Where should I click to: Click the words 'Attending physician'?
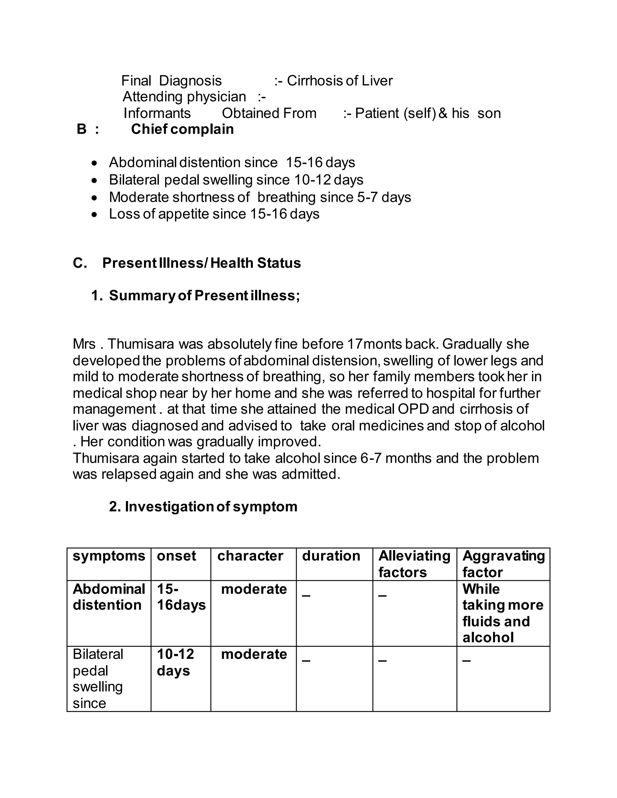(x=184, y=97)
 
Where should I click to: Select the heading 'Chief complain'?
(x=182, y=129)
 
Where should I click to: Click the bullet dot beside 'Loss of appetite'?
(x=95, y=214)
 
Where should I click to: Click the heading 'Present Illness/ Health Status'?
(x=202, y=263)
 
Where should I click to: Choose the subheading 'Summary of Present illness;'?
(x=204, y=295)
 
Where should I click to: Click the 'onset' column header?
(x=176, y=556)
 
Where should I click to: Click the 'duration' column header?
(x=331, y=556)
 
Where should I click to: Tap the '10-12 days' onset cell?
(x=175, y=662)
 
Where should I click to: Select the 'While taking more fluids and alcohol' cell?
(x=503, y=613)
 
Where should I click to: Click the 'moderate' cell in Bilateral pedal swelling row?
(x=254, y=654)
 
